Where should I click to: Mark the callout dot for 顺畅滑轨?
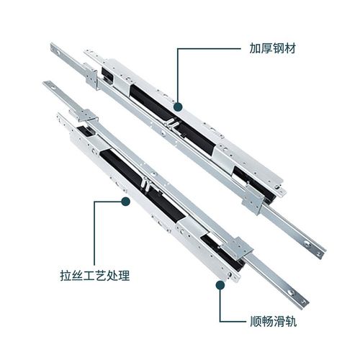(218, 284)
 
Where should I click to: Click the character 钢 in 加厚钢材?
(276, 49)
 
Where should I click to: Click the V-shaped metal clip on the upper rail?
(176, 122)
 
